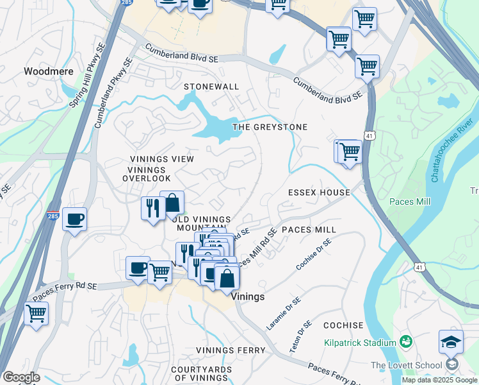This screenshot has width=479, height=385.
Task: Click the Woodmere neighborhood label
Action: (x=49, y=72)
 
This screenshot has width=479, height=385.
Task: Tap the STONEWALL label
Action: (x=211, y=87)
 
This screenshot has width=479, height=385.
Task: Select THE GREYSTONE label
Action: (x=270, y=127)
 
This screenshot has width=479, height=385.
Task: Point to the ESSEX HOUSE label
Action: (x=319, y=193)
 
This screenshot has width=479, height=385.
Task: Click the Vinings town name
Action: (x=247, y=298)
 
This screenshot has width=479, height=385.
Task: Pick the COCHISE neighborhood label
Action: (x=343, y=326)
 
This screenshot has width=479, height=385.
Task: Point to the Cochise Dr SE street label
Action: (x=314, y=254)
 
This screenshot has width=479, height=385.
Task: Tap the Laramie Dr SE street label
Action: (x=284, y=314)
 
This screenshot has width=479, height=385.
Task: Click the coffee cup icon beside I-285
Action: (x=74, y=219)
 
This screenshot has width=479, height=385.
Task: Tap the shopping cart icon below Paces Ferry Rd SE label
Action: (x=36, y=314)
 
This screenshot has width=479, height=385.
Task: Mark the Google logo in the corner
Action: (x=20, y=377)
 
